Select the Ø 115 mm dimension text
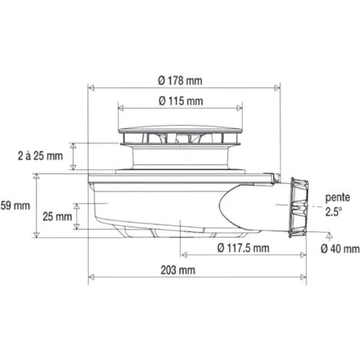(181, 101)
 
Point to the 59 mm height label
(15, 206)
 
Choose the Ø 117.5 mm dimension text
(243, 247)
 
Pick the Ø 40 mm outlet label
(339, 248)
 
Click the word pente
(336, 196)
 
